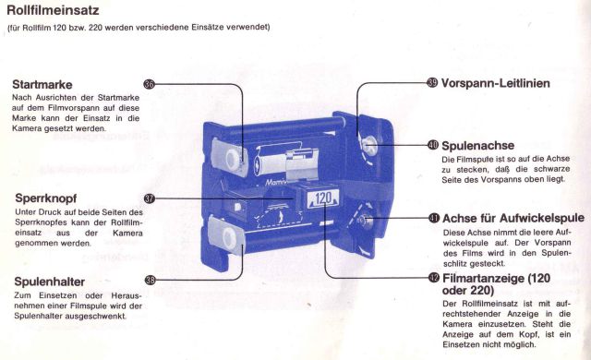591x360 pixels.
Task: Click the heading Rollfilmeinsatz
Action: pos(53,10)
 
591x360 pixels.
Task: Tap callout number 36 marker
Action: pos(150,84)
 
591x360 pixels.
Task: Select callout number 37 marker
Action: pos(150,198)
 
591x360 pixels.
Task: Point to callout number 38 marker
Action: pos(150,280)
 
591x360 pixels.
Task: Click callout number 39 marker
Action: pos(432,82)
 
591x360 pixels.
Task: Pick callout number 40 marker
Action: pos(433,145)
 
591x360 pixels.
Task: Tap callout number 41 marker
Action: pos(434,218)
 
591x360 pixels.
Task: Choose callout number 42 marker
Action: pos(434,278)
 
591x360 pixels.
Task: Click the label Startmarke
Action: pos(42,84)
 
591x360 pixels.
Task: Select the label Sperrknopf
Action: pos(46,198)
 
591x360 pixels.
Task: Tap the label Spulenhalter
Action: pos(49,282)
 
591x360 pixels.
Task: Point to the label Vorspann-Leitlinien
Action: pos(495,83)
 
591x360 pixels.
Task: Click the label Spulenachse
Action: pos(478,145)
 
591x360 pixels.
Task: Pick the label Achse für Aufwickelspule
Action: pos(513,218)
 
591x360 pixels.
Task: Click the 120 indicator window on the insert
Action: pos(322,198)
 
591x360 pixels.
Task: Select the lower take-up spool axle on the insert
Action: pos(366,220)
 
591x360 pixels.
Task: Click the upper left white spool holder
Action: pos(230,157)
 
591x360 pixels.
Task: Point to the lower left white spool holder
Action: pos(227,237)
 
